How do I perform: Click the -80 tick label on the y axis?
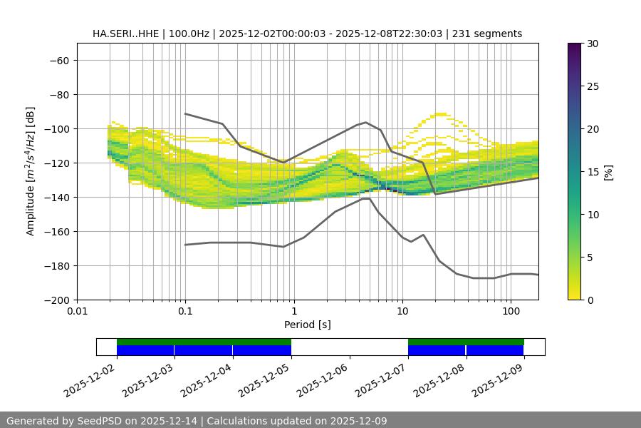click(59, 94)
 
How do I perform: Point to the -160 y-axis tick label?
click(56, 231)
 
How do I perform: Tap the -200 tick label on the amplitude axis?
click(56, 300)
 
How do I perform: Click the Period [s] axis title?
click(308, 325)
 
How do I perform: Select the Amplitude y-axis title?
click(31, 171)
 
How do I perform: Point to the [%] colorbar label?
click(608, 172)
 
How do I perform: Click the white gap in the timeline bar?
click(349, 347)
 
